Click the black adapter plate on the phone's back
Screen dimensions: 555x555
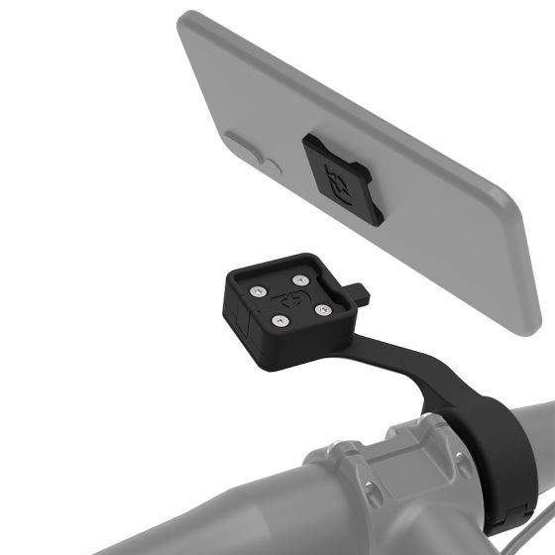tap(338, 175)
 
